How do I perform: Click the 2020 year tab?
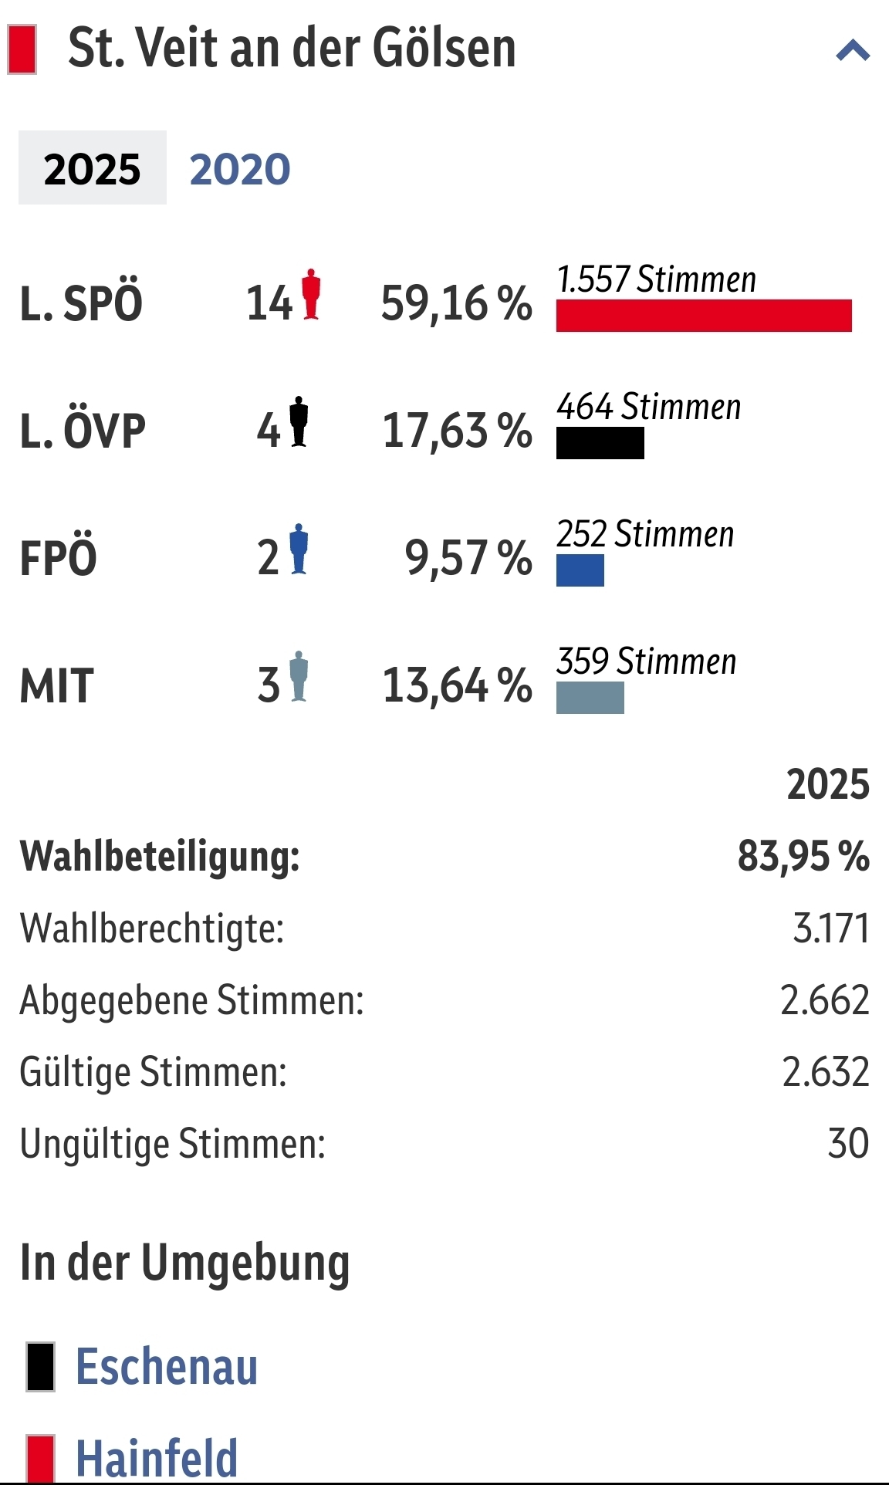[240, 169]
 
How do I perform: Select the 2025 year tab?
[93, 168]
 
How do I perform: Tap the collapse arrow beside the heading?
[853, 51]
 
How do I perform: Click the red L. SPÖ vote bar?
[704, 316]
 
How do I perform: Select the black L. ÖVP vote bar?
[600, 443]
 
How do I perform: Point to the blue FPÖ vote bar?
[580, 570]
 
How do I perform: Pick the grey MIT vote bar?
[590, 698]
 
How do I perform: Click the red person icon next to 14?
[311, 294]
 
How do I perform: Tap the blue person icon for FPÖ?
[299, 549]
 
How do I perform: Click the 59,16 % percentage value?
[456, 303]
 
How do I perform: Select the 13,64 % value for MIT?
[457, 685]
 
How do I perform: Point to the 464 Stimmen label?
[649, 407]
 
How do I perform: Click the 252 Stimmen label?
[645, 534]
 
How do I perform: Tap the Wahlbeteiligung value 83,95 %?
[803, 856]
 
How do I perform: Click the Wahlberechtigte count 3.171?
[831, 928]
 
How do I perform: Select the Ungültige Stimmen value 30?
[848, 1143]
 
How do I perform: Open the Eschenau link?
[167, 1367]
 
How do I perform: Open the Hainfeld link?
[157, 1458]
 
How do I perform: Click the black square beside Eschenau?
[41, 1367]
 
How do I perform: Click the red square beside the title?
[22, 49]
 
